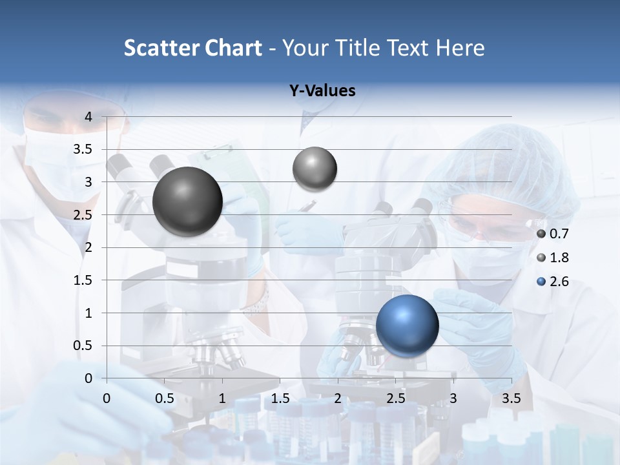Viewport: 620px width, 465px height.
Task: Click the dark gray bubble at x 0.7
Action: tap(187, 201)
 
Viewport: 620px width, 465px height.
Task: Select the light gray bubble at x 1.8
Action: tap(315, 169)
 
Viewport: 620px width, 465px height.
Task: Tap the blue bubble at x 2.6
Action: tap(407, 325)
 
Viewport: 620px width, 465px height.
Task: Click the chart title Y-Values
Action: tap(322, 91)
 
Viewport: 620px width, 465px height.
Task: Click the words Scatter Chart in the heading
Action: tap(193, 48)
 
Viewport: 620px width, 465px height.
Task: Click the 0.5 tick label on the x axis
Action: tap(165, 398)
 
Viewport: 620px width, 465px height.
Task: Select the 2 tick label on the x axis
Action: tap(338, 398)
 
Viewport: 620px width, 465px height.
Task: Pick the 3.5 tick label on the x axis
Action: tap(511, 398)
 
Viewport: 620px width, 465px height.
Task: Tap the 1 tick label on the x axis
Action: tap(222, 398)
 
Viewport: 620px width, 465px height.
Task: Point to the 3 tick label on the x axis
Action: tap(453, 398)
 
